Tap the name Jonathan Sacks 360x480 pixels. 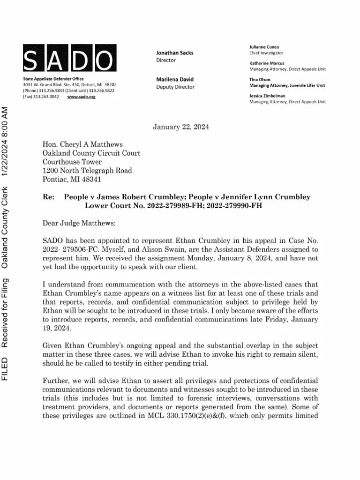174,53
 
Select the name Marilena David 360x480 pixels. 174,79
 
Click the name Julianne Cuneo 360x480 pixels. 264,47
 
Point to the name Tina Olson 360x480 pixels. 260,79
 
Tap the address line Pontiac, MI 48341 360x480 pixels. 71,179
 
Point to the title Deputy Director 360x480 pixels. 175,87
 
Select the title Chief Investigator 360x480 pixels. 266,53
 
